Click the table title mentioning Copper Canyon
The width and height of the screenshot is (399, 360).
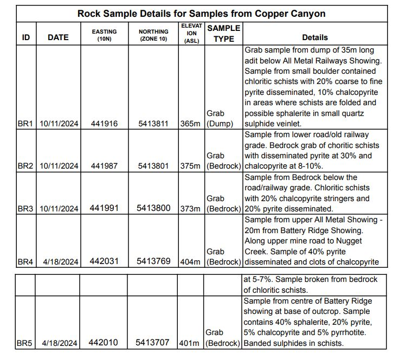201,13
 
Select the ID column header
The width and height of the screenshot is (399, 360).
25,37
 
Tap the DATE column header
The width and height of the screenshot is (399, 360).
58,37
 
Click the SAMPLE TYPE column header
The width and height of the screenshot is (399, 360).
223,33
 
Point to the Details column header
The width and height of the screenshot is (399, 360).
315,37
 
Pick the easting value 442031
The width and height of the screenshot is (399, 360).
104,261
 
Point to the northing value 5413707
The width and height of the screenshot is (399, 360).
153,343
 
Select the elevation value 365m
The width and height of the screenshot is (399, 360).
191,124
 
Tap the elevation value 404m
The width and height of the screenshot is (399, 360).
191,262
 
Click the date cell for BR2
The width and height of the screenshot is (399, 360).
59,166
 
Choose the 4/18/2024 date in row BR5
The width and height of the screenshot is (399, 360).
59,343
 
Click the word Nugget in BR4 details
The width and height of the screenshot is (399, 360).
363,241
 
